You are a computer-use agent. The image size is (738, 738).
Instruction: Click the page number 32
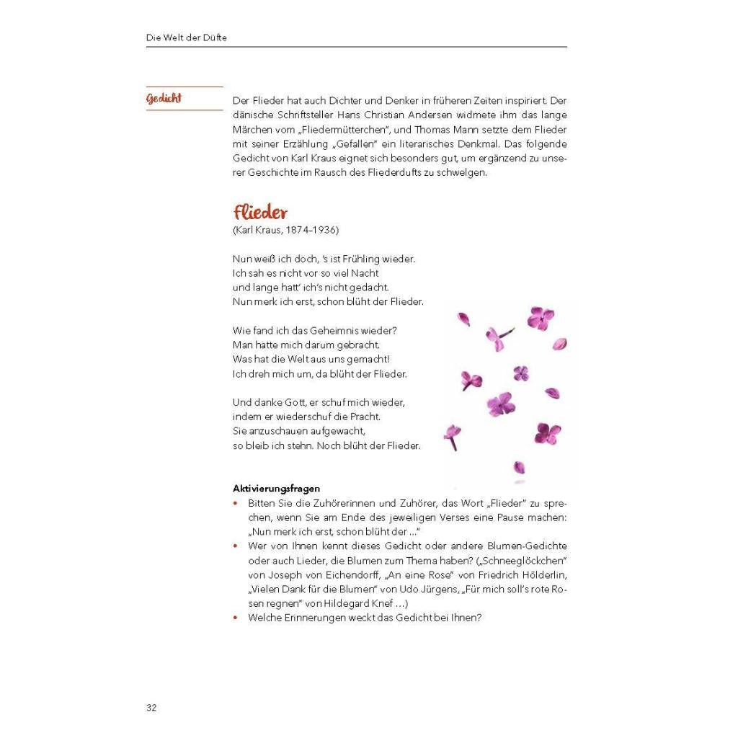(151, 707)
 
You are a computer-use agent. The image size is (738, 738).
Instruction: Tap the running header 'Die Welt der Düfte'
(186, 37)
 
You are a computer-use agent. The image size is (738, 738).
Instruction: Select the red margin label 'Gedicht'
(164, 98)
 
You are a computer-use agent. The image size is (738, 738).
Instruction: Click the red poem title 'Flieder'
(260, 213)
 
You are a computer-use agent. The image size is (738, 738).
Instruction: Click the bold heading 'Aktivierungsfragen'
(277, 489)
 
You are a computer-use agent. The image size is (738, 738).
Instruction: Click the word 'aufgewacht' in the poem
(339, 432)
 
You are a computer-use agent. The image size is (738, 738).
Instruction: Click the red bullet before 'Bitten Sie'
(236, 503)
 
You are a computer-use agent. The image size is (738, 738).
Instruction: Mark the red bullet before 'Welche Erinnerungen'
(236, 618)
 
